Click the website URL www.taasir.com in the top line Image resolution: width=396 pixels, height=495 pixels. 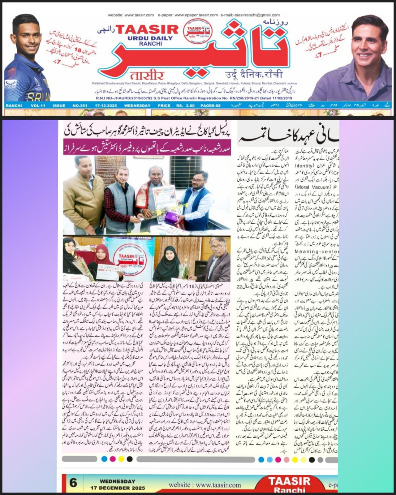click(x=139, y=15)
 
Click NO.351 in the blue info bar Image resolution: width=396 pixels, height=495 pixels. click(x=80, y=105)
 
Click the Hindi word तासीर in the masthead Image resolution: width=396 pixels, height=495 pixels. click(x=147, y=75)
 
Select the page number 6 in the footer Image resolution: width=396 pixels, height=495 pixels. click(x=73, y=483)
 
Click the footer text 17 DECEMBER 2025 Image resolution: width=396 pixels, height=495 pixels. click(x=118, y=488)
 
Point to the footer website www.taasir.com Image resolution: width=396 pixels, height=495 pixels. click(x=204, y=485)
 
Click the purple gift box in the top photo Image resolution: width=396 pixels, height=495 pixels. click(x=171, y=218)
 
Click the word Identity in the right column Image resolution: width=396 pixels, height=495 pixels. click(x=305, y=166)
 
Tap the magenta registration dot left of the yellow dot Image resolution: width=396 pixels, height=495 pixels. click(x=113, y=459)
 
